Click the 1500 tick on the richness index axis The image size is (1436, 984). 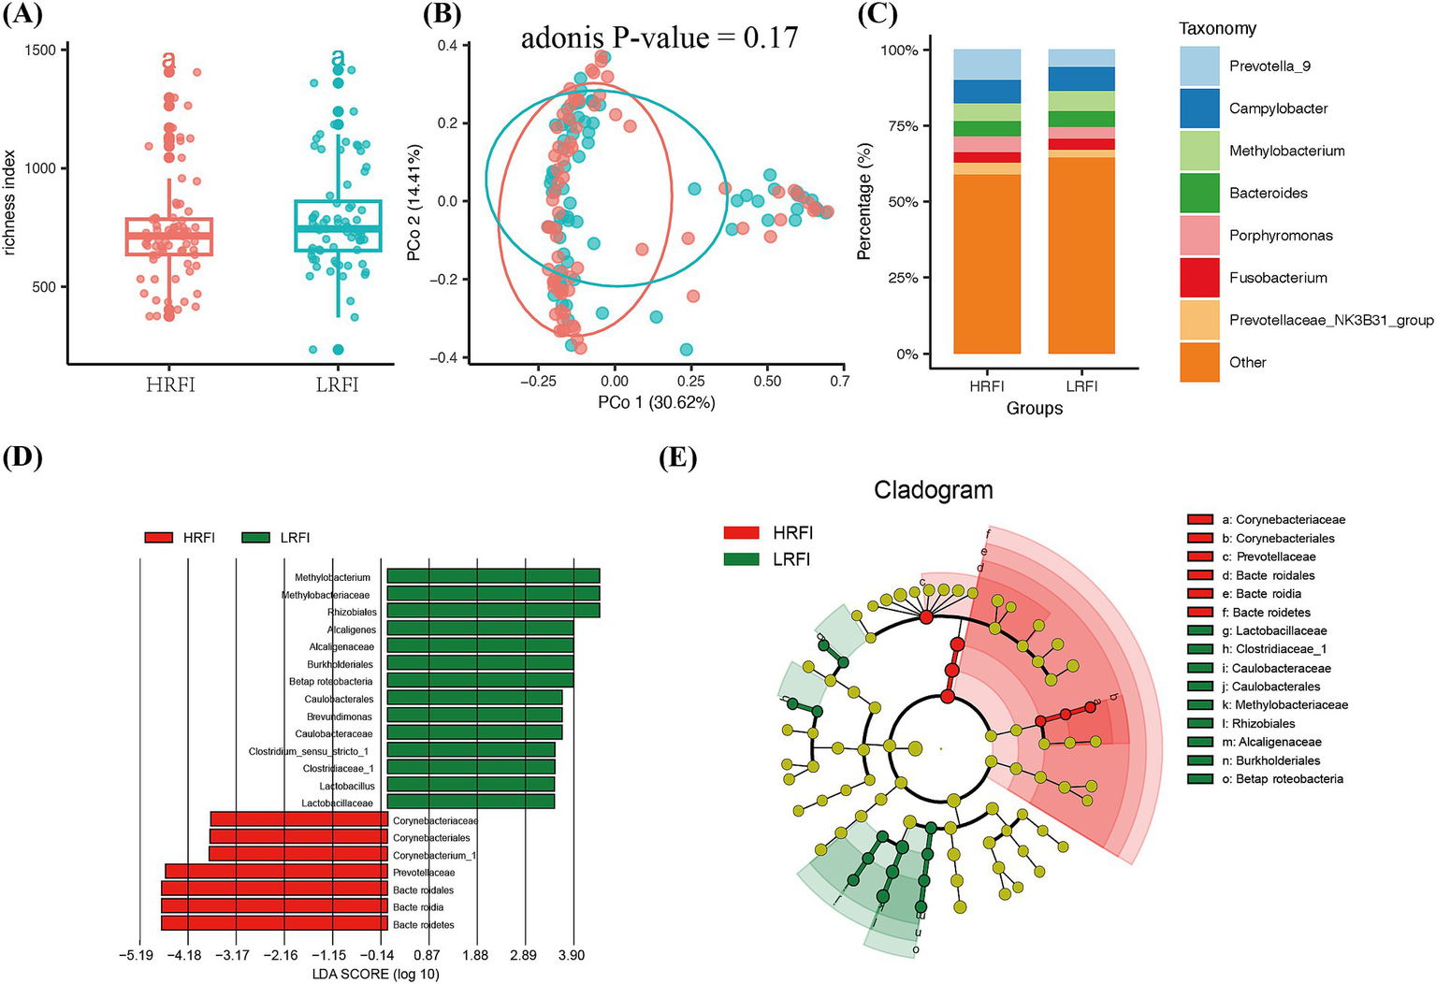tap(42, 50)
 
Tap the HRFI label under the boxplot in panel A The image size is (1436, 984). tap(170, 384)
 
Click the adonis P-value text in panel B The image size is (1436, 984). tap(659, 37)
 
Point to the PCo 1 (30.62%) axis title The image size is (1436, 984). tap(657, 403)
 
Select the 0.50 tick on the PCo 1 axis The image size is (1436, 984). tap(767, 382)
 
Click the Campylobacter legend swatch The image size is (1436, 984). tap(1199, 108)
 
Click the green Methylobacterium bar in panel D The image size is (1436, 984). tap(493, 577)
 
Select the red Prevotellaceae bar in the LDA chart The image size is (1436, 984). tap(276, 872)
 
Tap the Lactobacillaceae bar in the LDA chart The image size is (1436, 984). tap(471, 802)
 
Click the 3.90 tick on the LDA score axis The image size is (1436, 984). tap(572, 955)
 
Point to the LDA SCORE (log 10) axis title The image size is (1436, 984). tap(375, 974)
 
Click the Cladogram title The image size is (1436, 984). tap(933, 490)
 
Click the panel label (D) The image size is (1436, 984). tap(22, 457)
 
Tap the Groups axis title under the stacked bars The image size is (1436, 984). tap(1034, 409)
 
